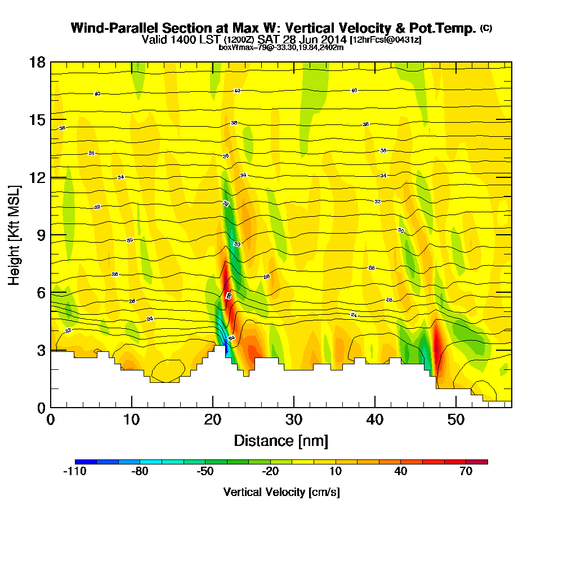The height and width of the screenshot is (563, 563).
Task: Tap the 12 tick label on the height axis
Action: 37,177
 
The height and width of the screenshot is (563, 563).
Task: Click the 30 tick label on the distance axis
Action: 294,419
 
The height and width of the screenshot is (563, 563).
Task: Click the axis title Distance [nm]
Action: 281,440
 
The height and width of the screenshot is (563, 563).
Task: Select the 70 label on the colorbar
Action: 466,472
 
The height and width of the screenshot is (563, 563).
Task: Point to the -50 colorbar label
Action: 205,472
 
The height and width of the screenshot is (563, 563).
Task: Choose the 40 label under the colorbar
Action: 400,472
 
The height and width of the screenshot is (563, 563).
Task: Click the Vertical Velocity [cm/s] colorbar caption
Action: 281,492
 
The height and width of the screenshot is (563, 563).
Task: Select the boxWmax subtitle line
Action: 281,47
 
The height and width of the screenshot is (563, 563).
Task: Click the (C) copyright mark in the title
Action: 485,28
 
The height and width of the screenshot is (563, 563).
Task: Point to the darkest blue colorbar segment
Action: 86,462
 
